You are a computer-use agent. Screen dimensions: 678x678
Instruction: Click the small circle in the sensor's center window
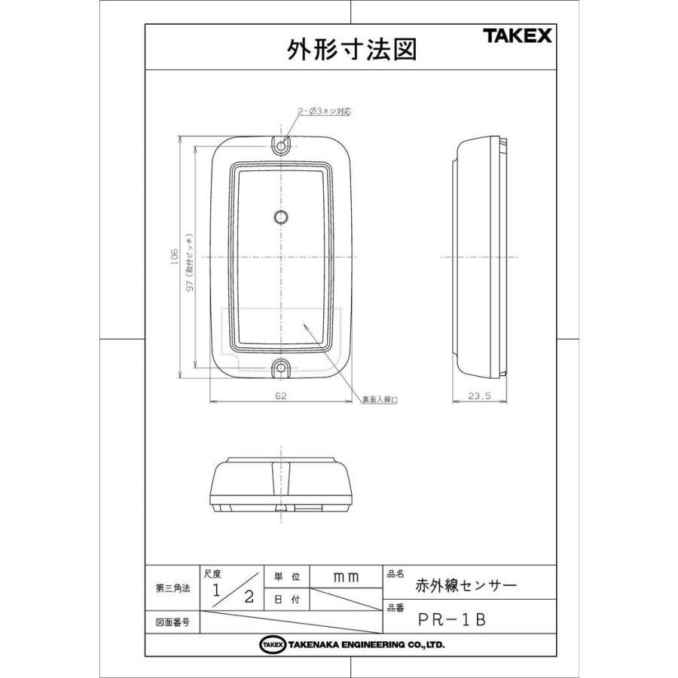pyautogui.click(x=280, y=218)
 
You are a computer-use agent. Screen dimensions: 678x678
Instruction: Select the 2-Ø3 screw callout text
pyautogui.click(x=324, y=111)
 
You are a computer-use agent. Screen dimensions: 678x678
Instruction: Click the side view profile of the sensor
pyautogui.click(x=482, y=258)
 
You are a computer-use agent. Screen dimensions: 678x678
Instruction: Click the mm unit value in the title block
pyautogui.click(x=346, y=576)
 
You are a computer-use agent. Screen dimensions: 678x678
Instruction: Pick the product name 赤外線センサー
pyautogui.click(x=466, y=585)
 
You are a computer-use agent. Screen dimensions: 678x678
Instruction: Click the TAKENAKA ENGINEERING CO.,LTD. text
pyautogui.click(x=365, y=645)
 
